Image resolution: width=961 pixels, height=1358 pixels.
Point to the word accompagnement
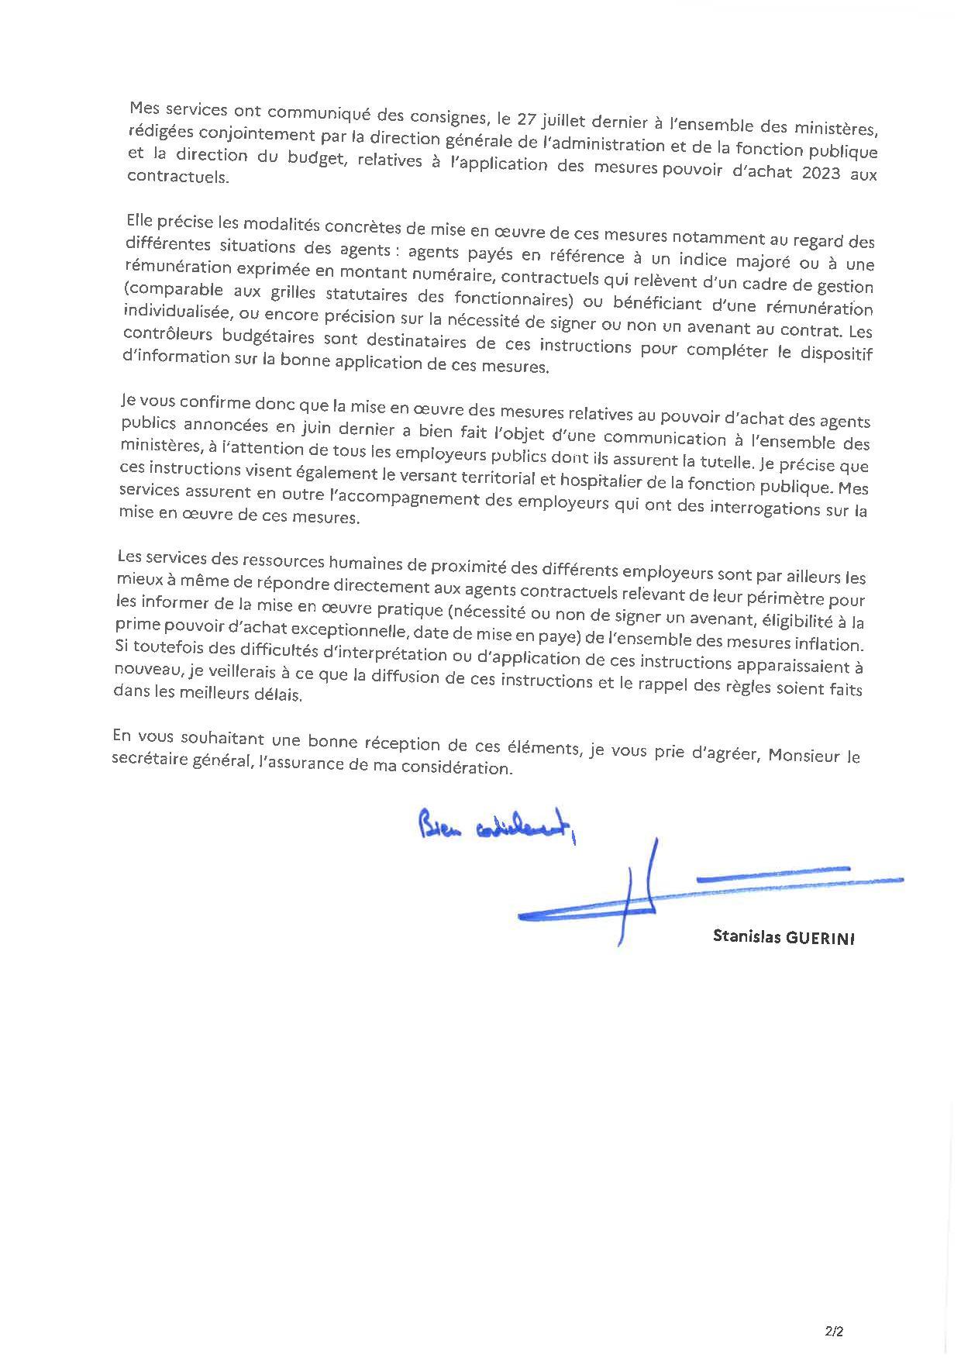(x=412, y=498)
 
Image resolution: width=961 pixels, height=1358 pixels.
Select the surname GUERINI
(x=820, y=938)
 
